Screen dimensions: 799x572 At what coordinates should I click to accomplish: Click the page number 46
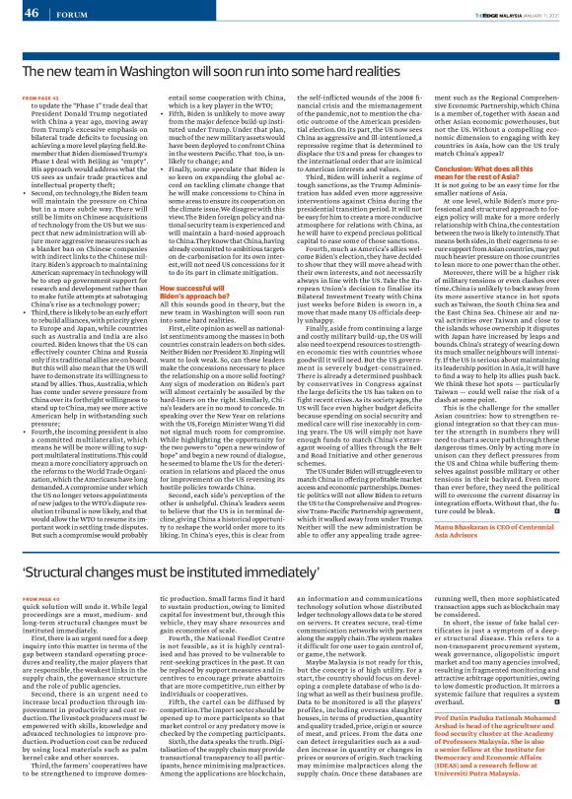coord(30,13)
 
